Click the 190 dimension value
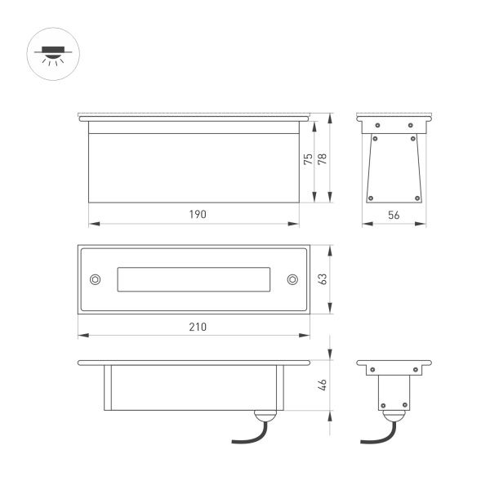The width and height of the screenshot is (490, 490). point(194,214)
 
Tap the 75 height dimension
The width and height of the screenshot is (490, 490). point(308,161)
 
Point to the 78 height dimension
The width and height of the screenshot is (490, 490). point(322,161)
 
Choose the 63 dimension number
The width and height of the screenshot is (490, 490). point(322,278)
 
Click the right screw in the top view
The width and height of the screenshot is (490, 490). point(292,278)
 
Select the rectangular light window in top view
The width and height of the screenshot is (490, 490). point(194,278)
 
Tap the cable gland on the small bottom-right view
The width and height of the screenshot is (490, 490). point(394,417)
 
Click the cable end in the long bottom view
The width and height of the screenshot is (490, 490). point(234,441)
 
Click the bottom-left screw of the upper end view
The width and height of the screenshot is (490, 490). point(372,196)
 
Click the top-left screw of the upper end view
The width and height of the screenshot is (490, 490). point(377,124)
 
